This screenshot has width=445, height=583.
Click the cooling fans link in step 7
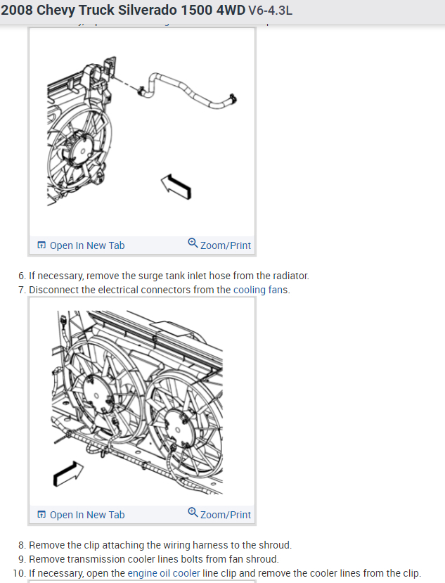260,290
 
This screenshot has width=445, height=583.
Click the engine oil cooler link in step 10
163,572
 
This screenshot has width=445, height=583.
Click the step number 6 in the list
22,276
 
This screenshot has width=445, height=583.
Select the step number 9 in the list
22,559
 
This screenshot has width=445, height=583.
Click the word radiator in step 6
290,276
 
